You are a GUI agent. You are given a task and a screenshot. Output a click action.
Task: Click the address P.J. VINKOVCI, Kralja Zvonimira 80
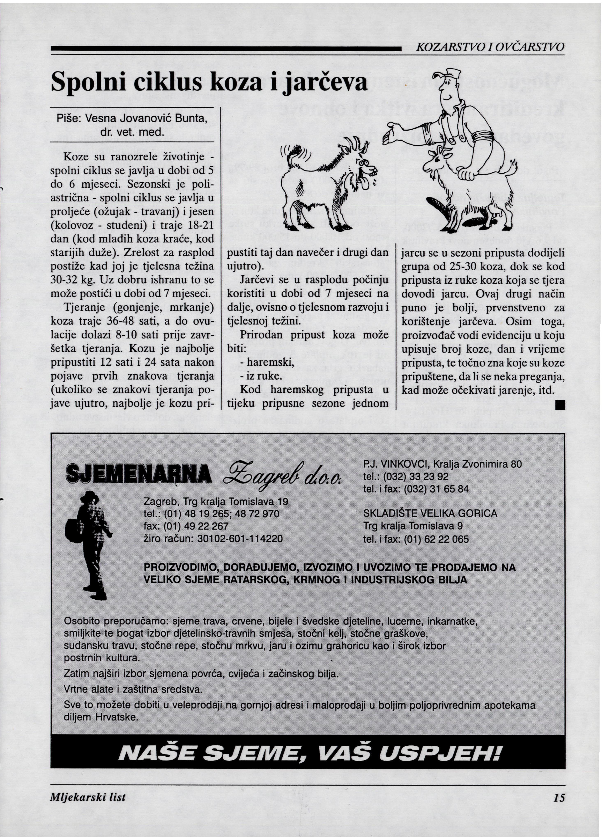[x=443, y=463]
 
